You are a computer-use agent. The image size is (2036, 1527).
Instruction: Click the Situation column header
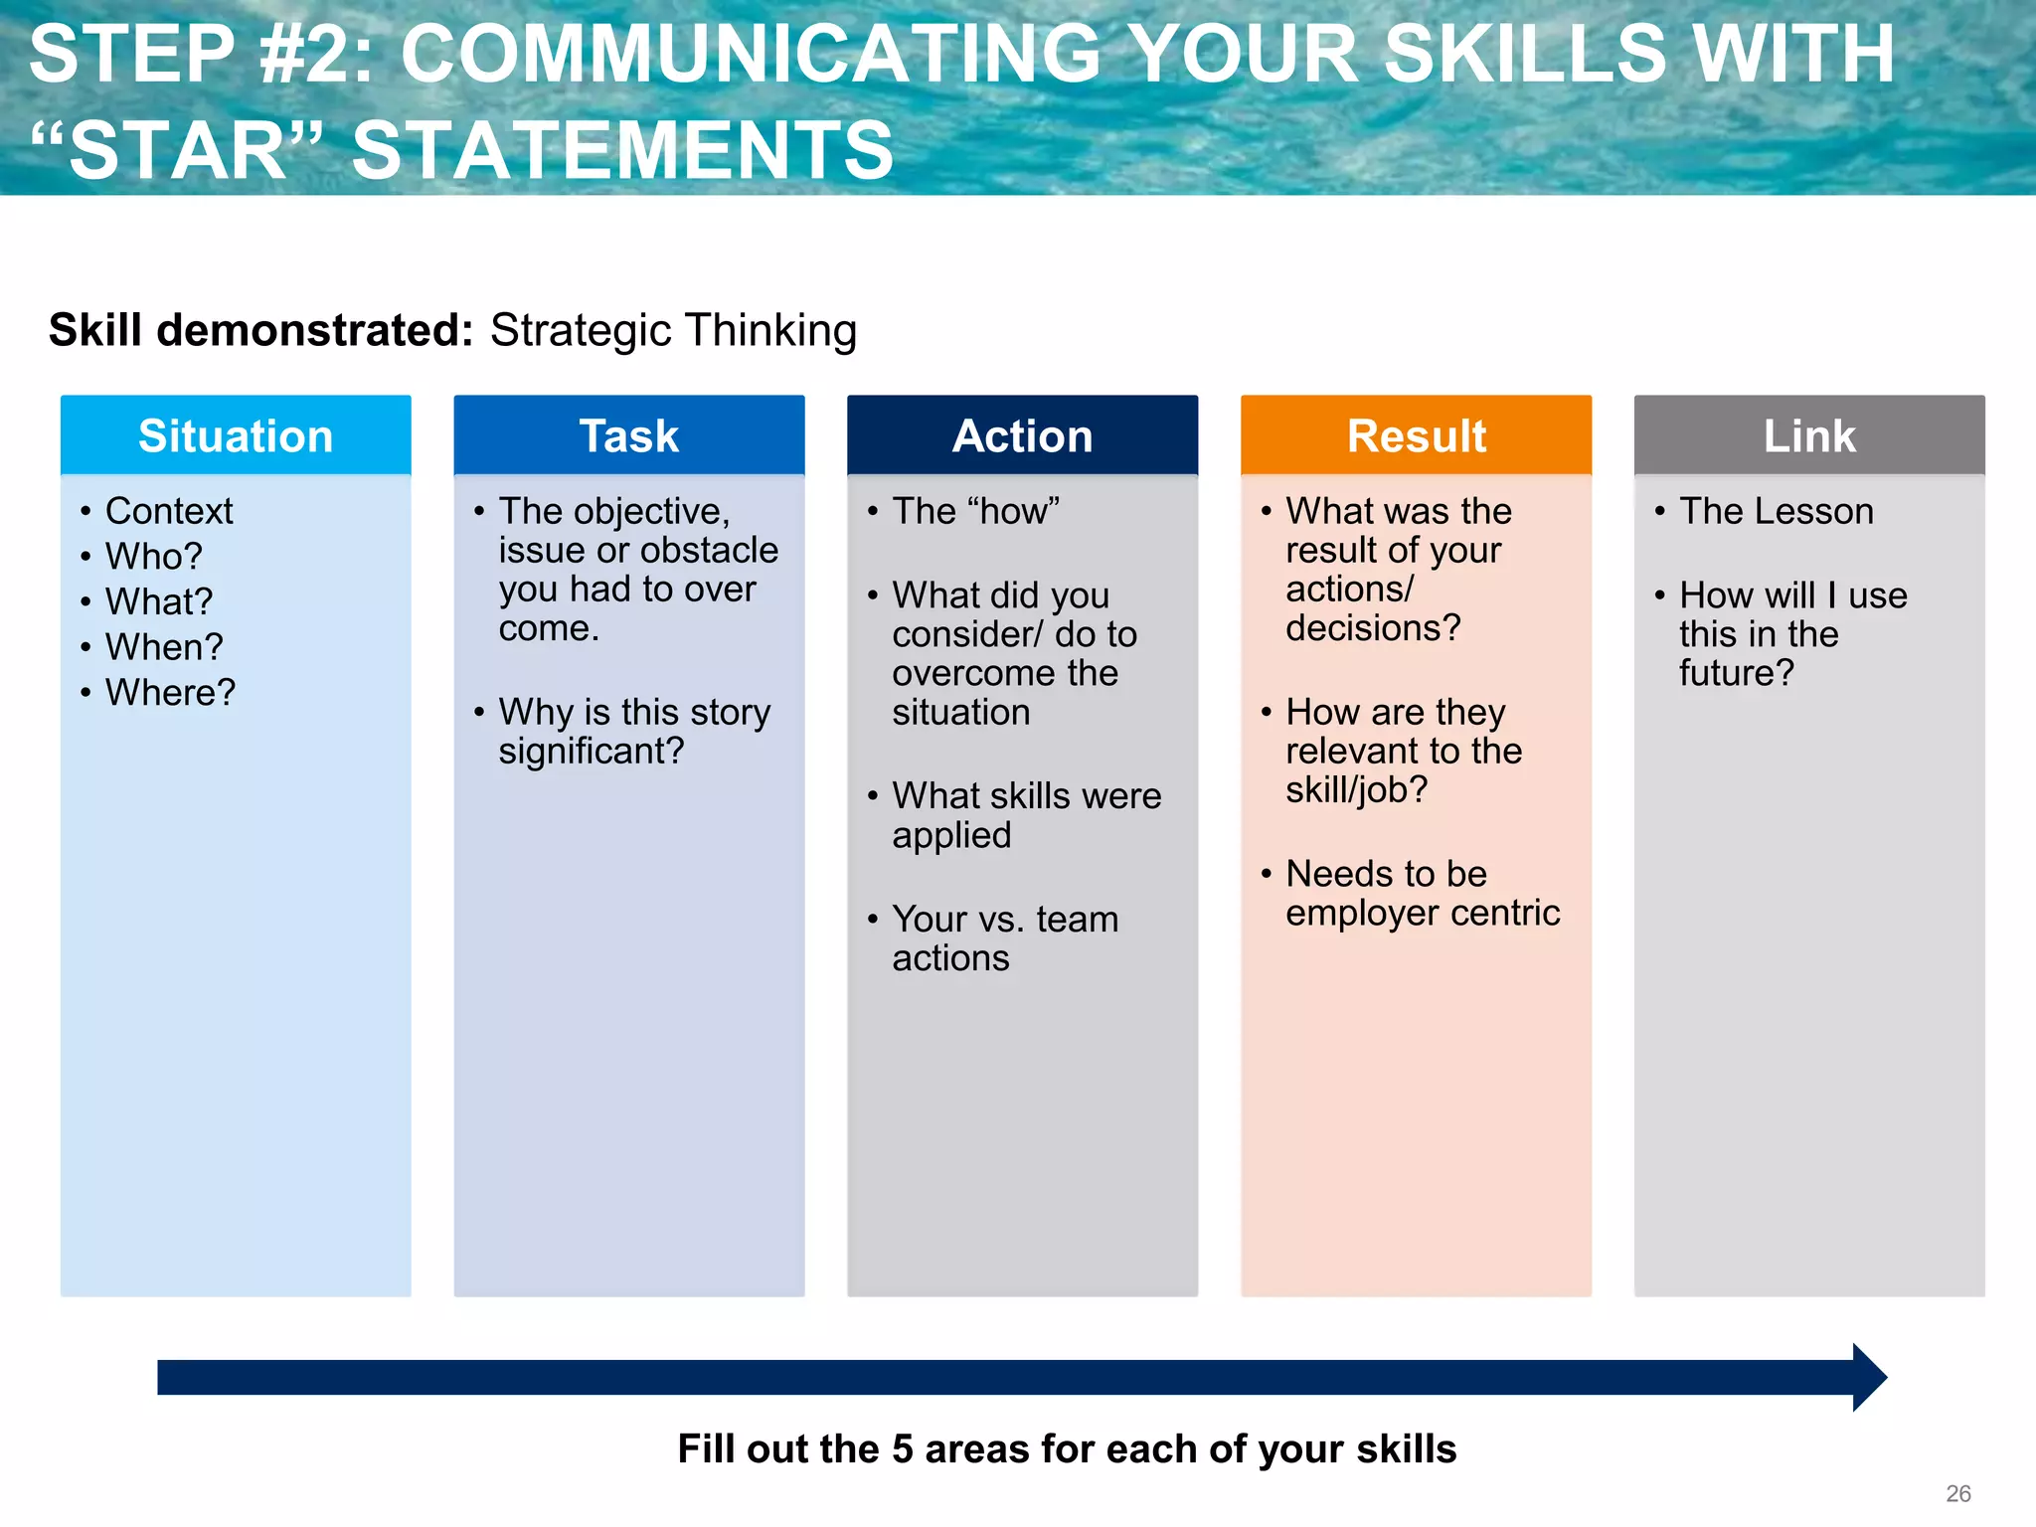pyautogui.click(x=236, y=436)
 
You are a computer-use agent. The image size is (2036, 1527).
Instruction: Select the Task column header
pyautogui.click(x=628, y=436)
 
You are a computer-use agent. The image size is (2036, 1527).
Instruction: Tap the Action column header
pyautogui.click(x=1022, y=436)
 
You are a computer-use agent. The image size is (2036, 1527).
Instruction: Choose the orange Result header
pyautogui.click(x=1416, y=436)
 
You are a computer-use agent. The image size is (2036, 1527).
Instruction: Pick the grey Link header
pyautogui.click(x=1809, y=436)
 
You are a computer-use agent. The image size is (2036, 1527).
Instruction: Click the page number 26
pyautogui.click(x=1957, y=1493)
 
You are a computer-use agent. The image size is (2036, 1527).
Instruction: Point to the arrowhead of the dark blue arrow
pyautogui.click(x=1869, y=1377)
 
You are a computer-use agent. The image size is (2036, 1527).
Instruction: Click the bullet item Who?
pyautogui.click(x=153, y=556)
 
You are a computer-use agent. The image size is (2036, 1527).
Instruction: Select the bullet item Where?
pyautogui.click(x=170, y=692)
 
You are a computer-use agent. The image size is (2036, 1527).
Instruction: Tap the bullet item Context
pyautogui.click(x=169, y=511)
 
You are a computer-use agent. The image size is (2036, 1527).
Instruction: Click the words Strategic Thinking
pyautogui.click(x=673, y=330)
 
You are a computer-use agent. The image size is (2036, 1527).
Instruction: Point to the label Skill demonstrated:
pyautogui.click(x=260, y=330)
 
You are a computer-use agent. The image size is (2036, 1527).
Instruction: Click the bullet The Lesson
pyautogui.click(x=1776, y=511)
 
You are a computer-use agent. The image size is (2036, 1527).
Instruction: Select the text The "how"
pyautogui.click(x=975, y=511)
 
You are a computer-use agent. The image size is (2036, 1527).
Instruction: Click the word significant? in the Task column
pyautogui.click(x=591, y=751)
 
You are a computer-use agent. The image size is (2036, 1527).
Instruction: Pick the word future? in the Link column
pyautogui.click(x=1736, y=673)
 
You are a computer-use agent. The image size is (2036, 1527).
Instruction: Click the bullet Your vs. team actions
pyautogui.click(x=1004, y=937)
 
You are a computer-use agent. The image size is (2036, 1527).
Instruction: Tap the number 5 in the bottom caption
pyautogui.click(x=902, y=1449)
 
